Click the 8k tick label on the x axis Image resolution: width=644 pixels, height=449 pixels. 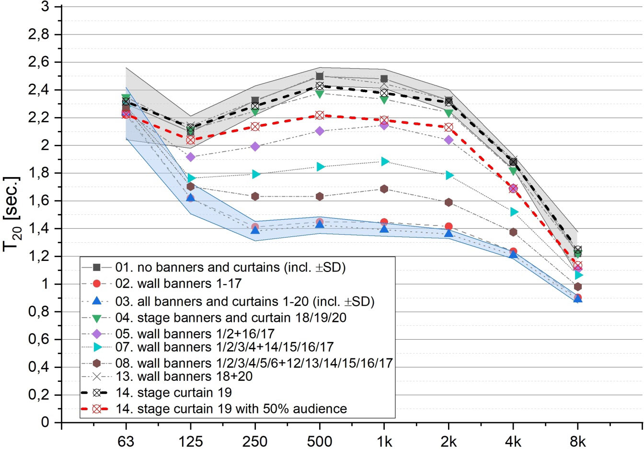click(x=578, y=441)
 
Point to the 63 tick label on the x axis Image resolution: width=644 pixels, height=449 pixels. click(x=126, y=441)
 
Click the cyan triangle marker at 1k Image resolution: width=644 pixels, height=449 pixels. click(x=384, y=162)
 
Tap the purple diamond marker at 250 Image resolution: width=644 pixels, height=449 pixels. click(x=255, y=146)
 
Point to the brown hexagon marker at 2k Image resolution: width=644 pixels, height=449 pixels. click(x=448, y=202)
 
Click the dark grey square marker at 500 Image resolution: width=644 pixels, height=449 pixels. click(x=320, y=76)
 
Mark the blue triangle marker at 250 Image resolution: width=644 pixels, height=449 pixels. click(x=255, y=230)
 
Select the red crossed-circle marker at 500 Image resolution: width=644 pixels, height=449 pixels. click(x=320, y=116)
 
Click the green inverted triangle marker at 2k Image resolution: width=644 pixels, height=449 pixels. click(x=448, y=113)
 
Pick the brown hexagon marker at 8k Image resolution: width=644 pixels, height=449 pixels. click(x=578, y=287)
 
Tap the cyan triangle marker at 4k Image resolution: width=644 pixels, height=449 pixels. click(x=514, y=212)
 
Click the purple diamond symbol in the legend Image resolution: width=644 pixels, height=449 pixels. click(x=97, y=333)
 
